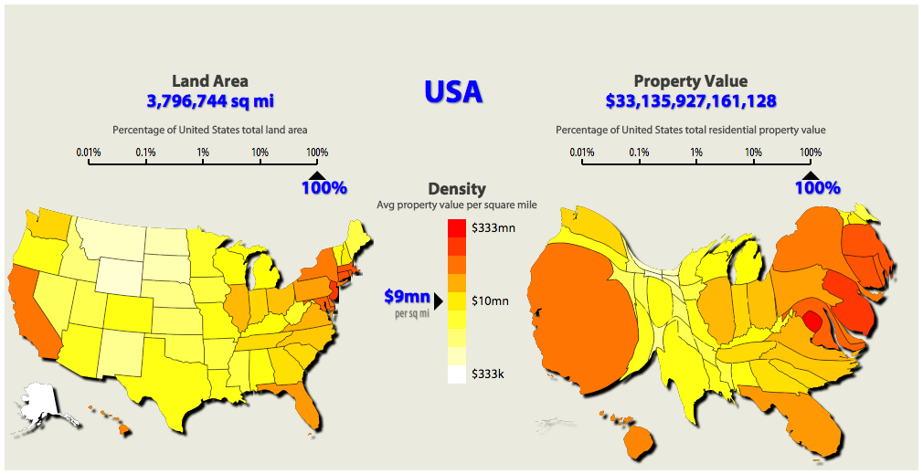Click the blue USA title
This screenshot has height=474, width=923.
click(453, 91)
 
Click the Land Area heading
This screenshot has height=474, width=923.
click(209, 81)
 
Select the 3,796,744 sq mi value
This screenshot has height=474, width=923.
click(209, 100)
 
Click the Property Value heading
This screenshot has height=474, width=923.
click(690, 81)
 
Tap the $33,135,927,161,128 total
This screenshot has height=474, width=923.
click(690, 100)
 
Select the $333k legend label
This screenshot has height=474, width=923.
click(487, 373)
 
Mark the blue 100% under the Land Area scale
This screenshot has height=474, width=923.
click(324, 188)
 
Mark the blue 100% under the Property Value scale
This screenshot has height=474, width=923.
click(817, 188)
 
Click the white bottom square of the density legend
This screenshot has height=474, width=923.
click(456, 374)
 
